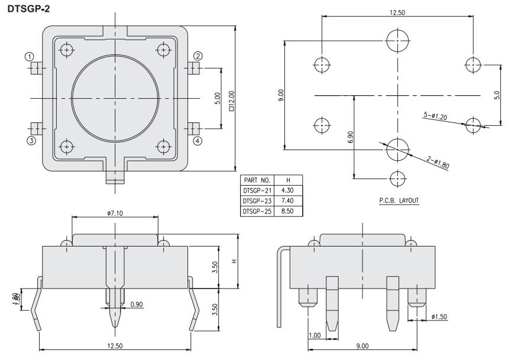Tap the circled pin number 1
point(28,56)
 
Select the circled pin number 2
point(198,56)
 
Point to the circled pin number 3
point(30,140)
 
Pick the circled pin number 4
point(198,140)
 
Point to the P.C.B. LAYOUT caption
point(399,201)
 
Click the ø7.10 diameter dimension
point(115,212)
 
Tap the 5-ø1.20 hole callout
point(435,116)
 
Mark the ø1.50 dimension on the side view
point(439,317)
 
